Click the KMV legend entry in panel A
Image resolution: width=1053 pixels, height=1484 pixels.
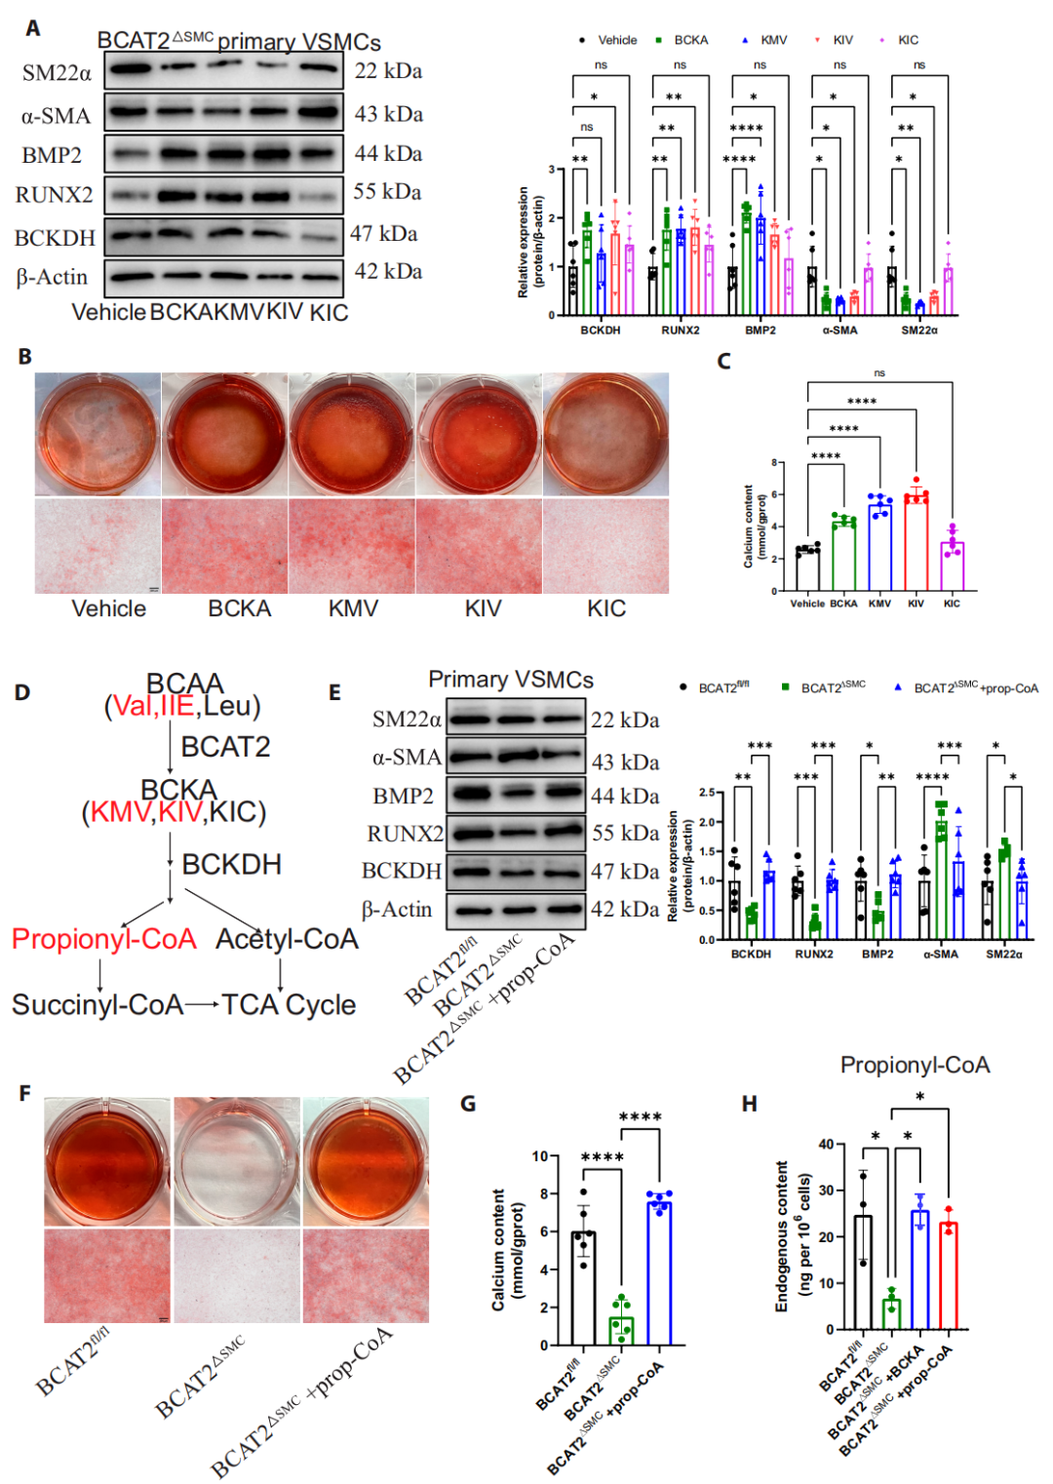[772, 40]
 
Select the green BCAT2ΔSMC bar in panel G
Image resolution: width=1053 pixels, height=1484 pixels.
[621, 1330]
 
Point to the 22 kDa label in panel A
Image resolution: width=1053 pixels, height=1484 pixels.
[388, 71]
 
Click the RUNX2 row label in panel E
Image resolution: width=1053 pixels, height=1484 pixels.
[405, 834]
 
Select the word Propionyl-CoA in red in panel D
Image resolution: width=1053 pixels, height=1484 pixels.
[104, 939]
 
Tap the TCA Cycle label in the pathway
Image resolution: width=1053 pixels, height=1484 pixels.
[289, 1005]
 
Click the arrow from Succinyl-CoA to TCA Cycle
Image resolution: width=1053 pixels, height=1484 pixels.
[202, 1004]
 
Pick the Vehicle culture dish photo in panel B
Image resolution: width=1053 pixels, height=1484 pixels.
[97, 435]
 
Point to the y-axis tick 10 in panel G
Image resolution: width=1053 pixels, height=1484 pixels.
[540, 1156]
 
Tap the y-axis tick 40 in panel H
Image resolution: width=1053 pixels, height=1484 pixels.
[826, 1144]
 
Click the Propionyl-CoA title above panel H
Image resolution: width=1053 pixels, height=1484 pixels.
[915, 1065]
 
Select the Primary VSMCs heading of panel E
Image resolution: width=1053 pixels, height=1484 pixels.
[510, 680]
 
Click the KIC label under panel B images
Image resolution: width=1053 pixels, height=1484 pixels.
[605, 609]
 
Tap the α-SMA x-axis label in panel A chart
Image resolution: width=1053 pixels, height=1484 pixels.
[839, 331]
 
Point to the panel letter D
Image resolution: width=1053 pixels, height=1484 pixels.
[21, 692]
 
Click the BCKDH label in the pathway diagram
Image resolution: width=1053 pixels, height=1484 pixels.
[231, 865]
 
